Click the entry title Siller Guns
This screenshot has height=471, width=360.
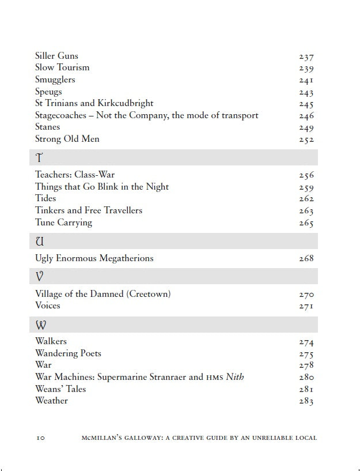pos(56,56)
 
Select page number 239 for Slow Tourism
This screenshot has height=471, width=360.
pos(306,68)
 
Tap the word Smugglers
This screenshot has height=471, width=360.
pos(55,80)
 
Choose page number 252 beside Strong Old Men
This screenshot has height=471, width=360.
pos(306,140)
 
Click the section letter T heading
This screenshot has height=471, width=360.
pos(39,158)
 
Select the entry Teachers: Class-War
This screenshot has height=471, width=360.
pos(79,175)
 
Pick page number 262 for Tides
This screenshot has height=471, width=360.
pos(306,199)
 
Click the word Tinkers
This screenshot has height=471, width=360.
pos(50,210)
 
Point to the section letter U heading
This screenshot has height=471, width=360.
pos(40,242)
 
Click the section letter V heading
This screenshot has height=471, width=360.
pos(39,277)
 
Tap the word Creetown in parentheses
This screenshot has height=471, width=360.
pos(149,294)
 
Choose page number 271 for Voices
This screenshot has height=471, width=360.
pos(306,306)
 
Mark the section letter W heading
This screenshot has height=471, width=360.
pos(40,325)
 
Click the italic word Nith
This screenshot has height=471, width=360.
pos(234,377)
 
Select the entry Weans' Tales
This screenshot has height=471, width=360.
pos(60,389)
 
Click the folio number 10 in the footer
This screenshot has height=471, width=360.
pos(40,438)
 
